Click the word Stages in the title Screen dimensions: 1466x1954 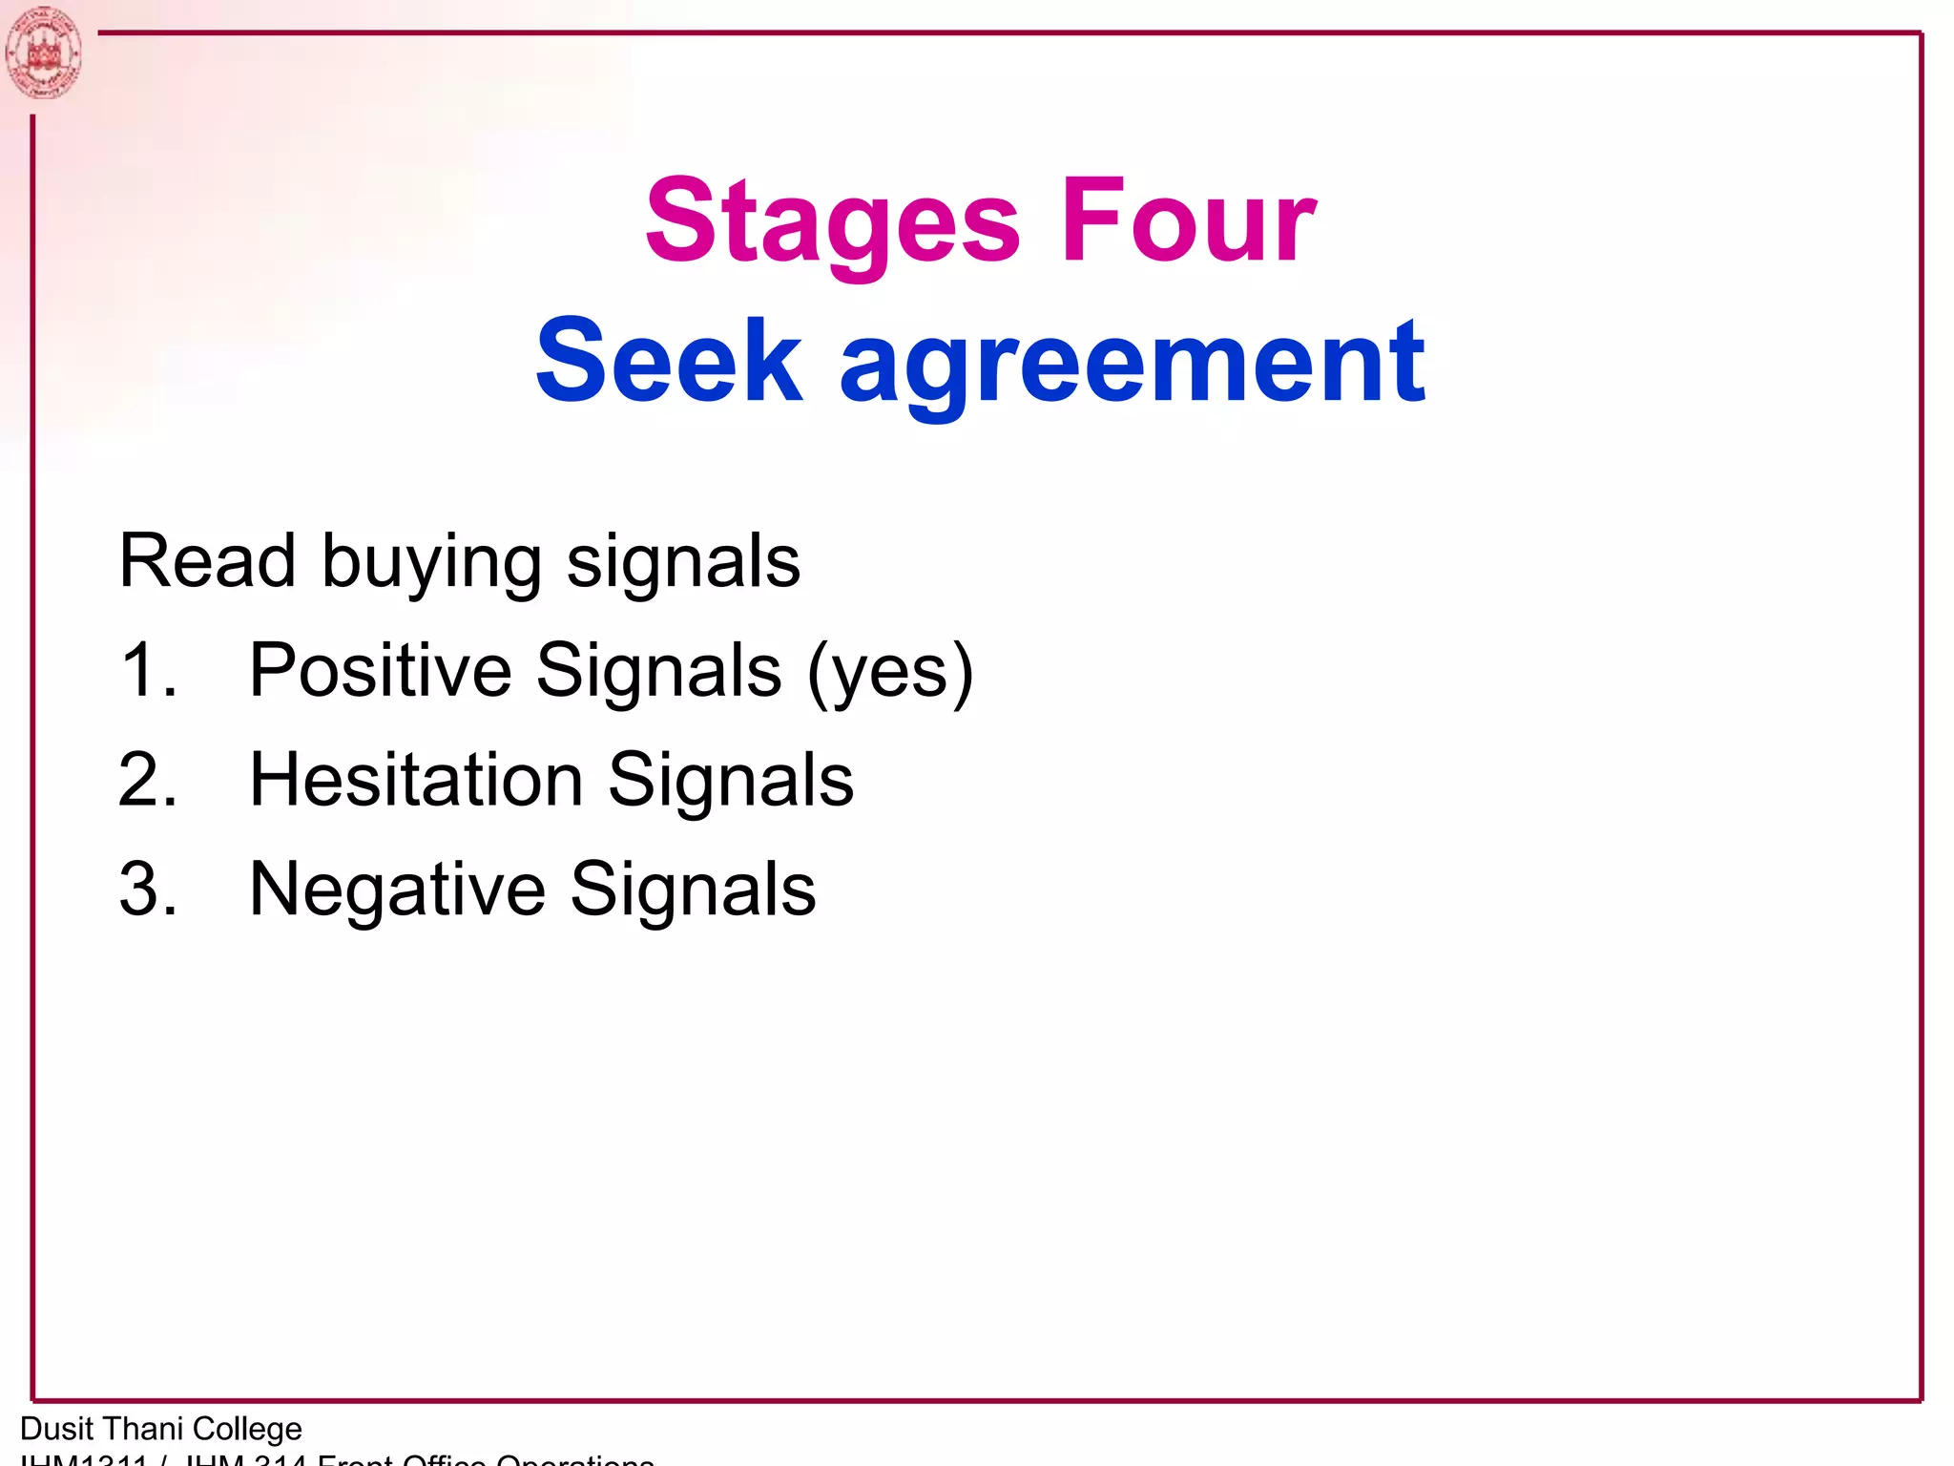(x=832, y=222)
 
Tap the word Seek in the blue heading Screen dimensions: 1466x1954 (x=669, y=363)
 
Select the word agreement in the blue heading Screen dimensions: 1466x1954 (x=1133, y=367)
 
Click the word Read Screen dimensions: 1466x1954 (x=206, y=561)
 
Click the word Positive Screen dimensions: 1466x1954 (x=381, y=670)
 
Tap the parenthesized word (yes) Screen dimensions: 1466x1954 (x=890, y=673)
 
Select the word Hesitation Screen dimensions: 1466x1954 (x=416, y=780)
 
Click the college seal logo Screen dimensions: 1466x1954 (x=43, y=52)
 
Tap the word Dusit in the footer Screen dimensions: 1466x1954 (x=56, y=1429)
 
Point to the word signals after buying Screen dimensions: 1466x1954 (x=683, y=563)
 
